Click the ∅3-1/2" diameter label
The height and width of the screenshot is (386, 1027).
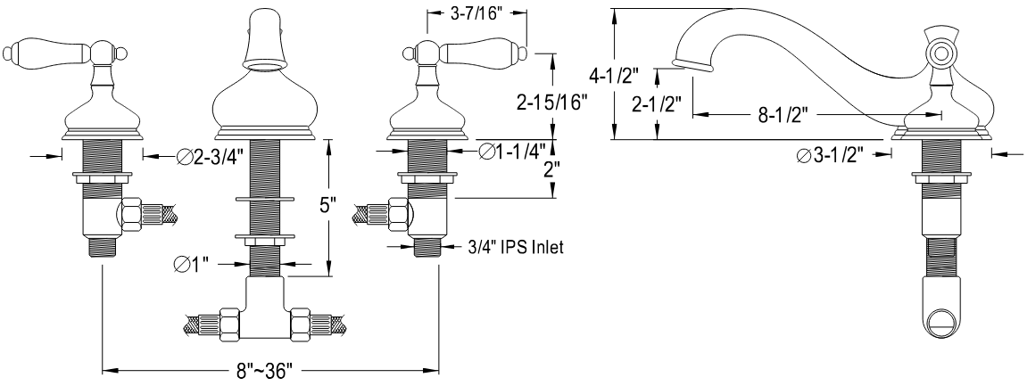pyautogui.click(x=832, y=156)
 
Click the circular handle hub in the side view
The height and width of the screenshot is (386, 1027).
pyautogui.click(x=940, y=53)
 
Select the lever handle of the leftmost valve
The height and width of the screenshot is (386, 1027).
pyautogui.click(x=34, y=55)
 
